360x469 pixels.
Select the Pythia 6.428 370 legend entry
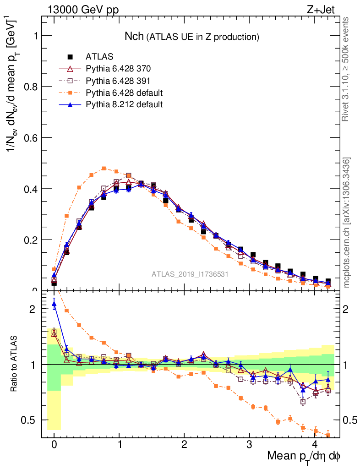118,69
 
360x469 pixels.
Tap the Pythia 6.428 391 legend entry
118,81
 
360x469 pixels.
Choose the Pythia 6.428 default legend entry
124,93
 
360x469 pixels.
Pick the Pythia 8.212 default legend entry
124,104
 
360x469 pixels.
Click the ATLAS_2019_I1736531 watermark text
190,274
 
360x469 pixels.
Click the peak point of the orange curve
104,168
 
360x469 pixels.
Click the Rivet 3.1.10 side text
346,69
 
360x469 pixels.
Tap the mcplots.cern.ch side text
346,222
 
